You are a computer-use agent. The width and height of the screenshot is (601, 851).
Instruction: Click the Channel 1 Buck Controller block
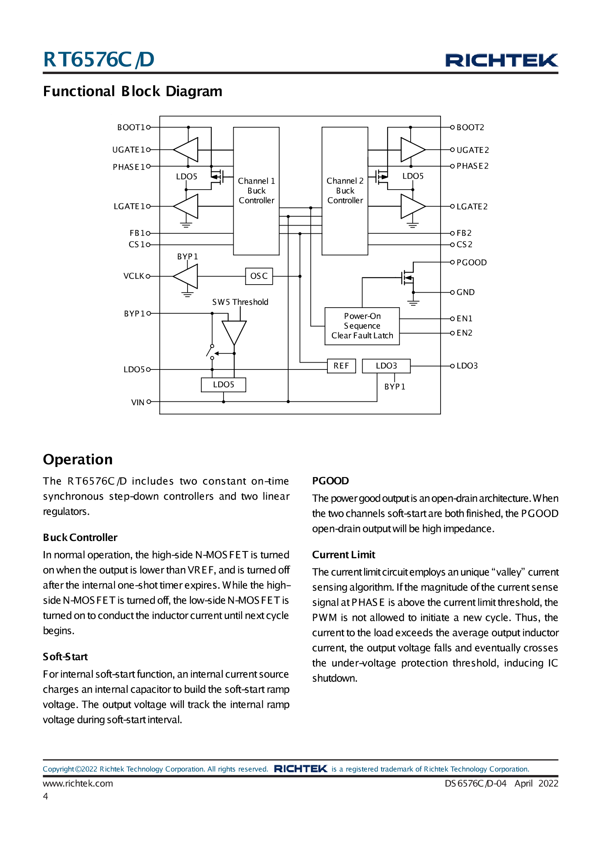coord(256,191)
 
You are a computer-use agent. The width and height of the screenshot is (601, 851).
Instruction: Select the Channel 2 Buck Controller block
coord(345,191)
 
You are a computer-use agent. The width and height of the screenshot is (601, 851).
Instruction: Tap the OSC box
coord(259,276)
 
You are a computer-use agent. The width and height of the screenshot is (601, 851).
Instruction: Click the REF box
coord(341,366)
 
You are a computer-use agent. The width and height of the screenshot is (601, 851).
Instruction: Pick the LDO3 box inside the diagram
coord(386,366)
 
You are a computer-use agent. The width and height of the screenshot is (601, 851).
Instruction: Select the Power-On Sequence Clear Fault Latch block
coord(362,326)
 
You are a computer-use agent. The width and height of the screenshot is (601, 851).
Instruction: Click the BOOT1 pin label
coord(131,127)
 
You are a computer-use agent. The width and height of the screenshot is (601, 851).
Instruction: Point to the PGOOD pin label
coord(471,262)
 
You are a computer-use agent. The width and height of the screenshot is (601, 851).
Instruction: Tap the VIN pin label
coord(138,402)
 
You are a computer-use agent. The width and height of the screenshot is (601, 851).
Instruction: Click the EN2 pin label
coord(464,333)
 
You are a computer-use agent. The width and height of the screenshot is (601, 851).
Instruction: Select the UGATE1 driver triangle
coord(187,150)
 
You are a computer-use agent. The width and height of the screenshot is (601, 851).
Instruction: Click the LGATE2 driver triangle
coord(411,206)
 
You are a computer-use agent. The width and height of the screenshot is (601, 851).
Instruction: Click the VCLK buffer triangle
coord(187,276)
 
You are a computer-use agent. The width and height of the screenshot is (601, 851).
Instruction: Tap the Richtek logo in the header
coord(502,60)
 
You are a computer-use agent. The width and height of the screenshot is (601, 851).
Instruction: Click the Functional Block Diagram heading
coord(133,91)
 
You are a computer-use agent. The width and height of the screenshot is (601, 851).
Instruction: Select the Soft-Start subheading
coord(65,657)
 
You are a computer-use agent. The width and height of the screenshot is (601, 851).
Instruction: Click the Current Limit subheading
coord(344,555)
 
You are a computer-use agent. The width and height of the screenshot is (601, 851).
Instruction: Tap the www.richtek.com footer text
coord(78,783)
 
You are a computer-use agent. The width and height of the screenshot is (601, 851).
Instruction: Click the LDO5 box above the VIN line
coord(224,384)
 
